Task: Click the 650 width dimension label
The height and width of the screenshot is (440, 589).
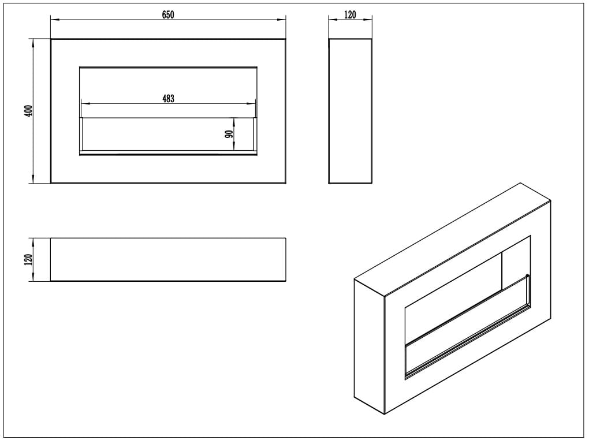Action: (168, 14)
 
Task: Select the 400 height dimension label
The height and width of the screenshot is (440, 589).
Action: (29, 110)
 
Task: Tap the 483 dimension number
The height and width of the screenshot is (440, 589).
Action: (168, 98)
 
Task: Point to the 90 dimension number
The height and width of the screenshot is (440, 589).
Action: (229, 134)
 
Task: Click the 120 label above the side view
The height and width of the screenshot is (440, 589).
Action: (350, 14)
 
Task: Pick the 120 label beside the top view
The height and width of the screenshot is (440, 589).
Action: (29, 260)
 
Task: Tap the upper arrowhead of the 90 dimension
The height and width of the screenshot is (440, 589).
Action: (234, 122)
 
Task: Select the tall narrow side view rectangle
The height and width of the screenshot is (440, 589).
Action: (351, 111)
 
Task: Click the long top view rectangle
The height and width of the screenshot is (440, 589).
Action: (168, 259)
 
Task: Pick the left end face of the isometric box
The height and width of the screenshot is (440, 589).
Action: (369, 347)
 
